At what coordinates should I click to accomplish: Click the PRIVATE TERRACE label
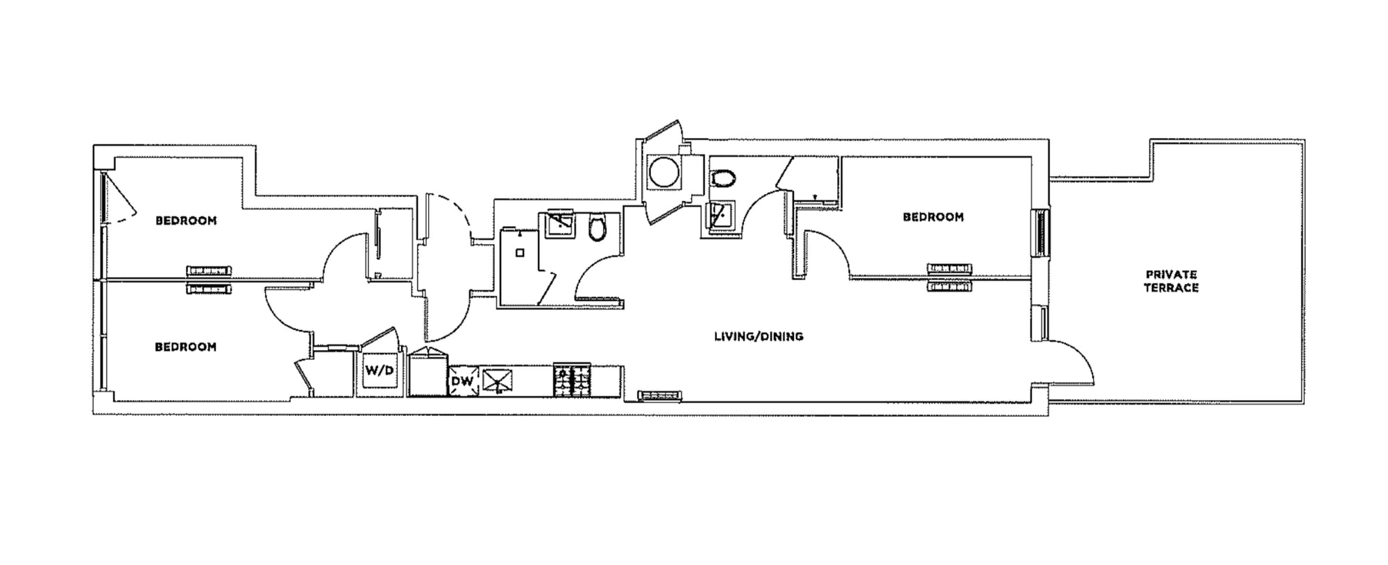[1171, 281]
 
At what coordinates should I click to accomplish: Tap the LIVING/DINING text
[759, 336]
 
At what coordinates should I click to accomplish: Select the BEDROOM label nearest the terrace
[933, 217]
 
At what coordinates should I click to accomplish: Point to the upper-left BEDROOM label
[186, 220]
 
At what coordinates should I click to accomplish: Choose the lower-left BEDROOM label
[185, 347]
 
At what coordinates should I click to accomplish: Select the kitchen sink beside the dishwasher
[498, 380]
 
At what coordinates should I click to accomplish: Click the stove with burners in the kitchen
[572, 380]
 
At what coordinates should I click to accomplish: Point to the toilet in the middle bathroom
[598, 227]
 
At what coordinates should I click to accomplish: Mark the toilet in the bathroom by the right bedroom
[723, 178]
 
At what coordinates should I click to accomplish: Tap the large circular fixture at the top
[663, 172]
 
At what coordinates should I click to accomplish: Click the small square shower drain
[520, 253]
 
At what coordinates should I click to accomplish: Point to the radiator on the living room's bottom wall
[659, 396]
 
